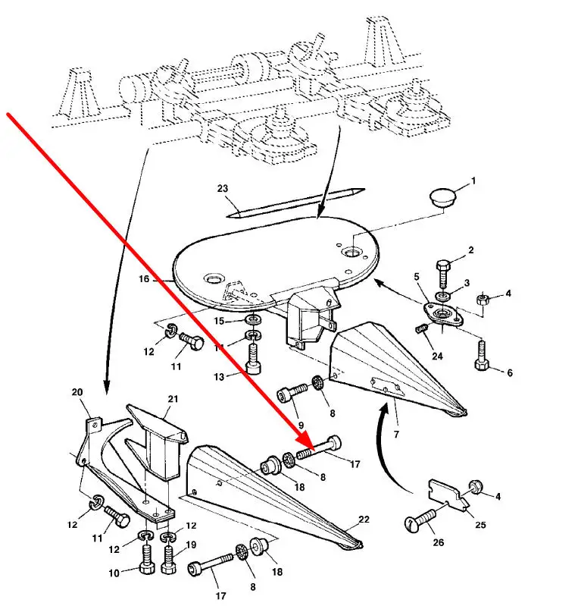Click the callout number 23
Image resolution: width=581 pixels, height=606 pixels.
coord(222,188)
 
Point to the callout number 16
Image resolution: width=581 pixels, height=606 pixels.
coord(144,279)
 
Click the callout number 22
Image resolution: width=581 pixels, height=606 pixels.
coord(364,519)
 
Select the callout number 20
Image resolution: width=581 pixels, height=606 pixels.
coord(77,392)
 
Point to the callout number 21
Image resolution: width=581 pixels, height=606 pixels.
coord(172,400)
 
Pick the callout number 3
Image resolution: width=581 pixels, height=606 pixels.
coord(467,284)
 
